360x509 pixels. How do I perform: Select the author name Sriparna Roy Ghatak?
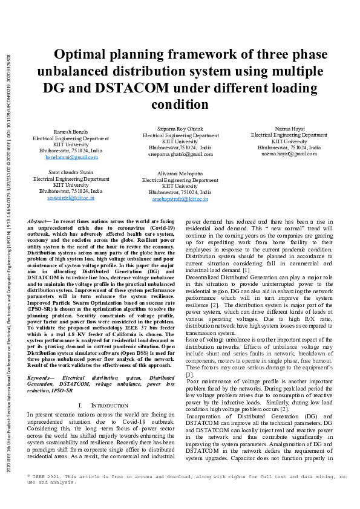coord(180,129)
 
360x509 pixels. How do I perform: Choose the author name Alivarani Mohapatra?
coord(180,173)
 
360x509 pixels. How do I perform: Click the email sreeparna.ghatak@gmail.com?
coord(180,154)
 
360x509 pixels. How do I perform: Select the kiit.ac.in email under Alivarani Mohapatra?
coord(180,198)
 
